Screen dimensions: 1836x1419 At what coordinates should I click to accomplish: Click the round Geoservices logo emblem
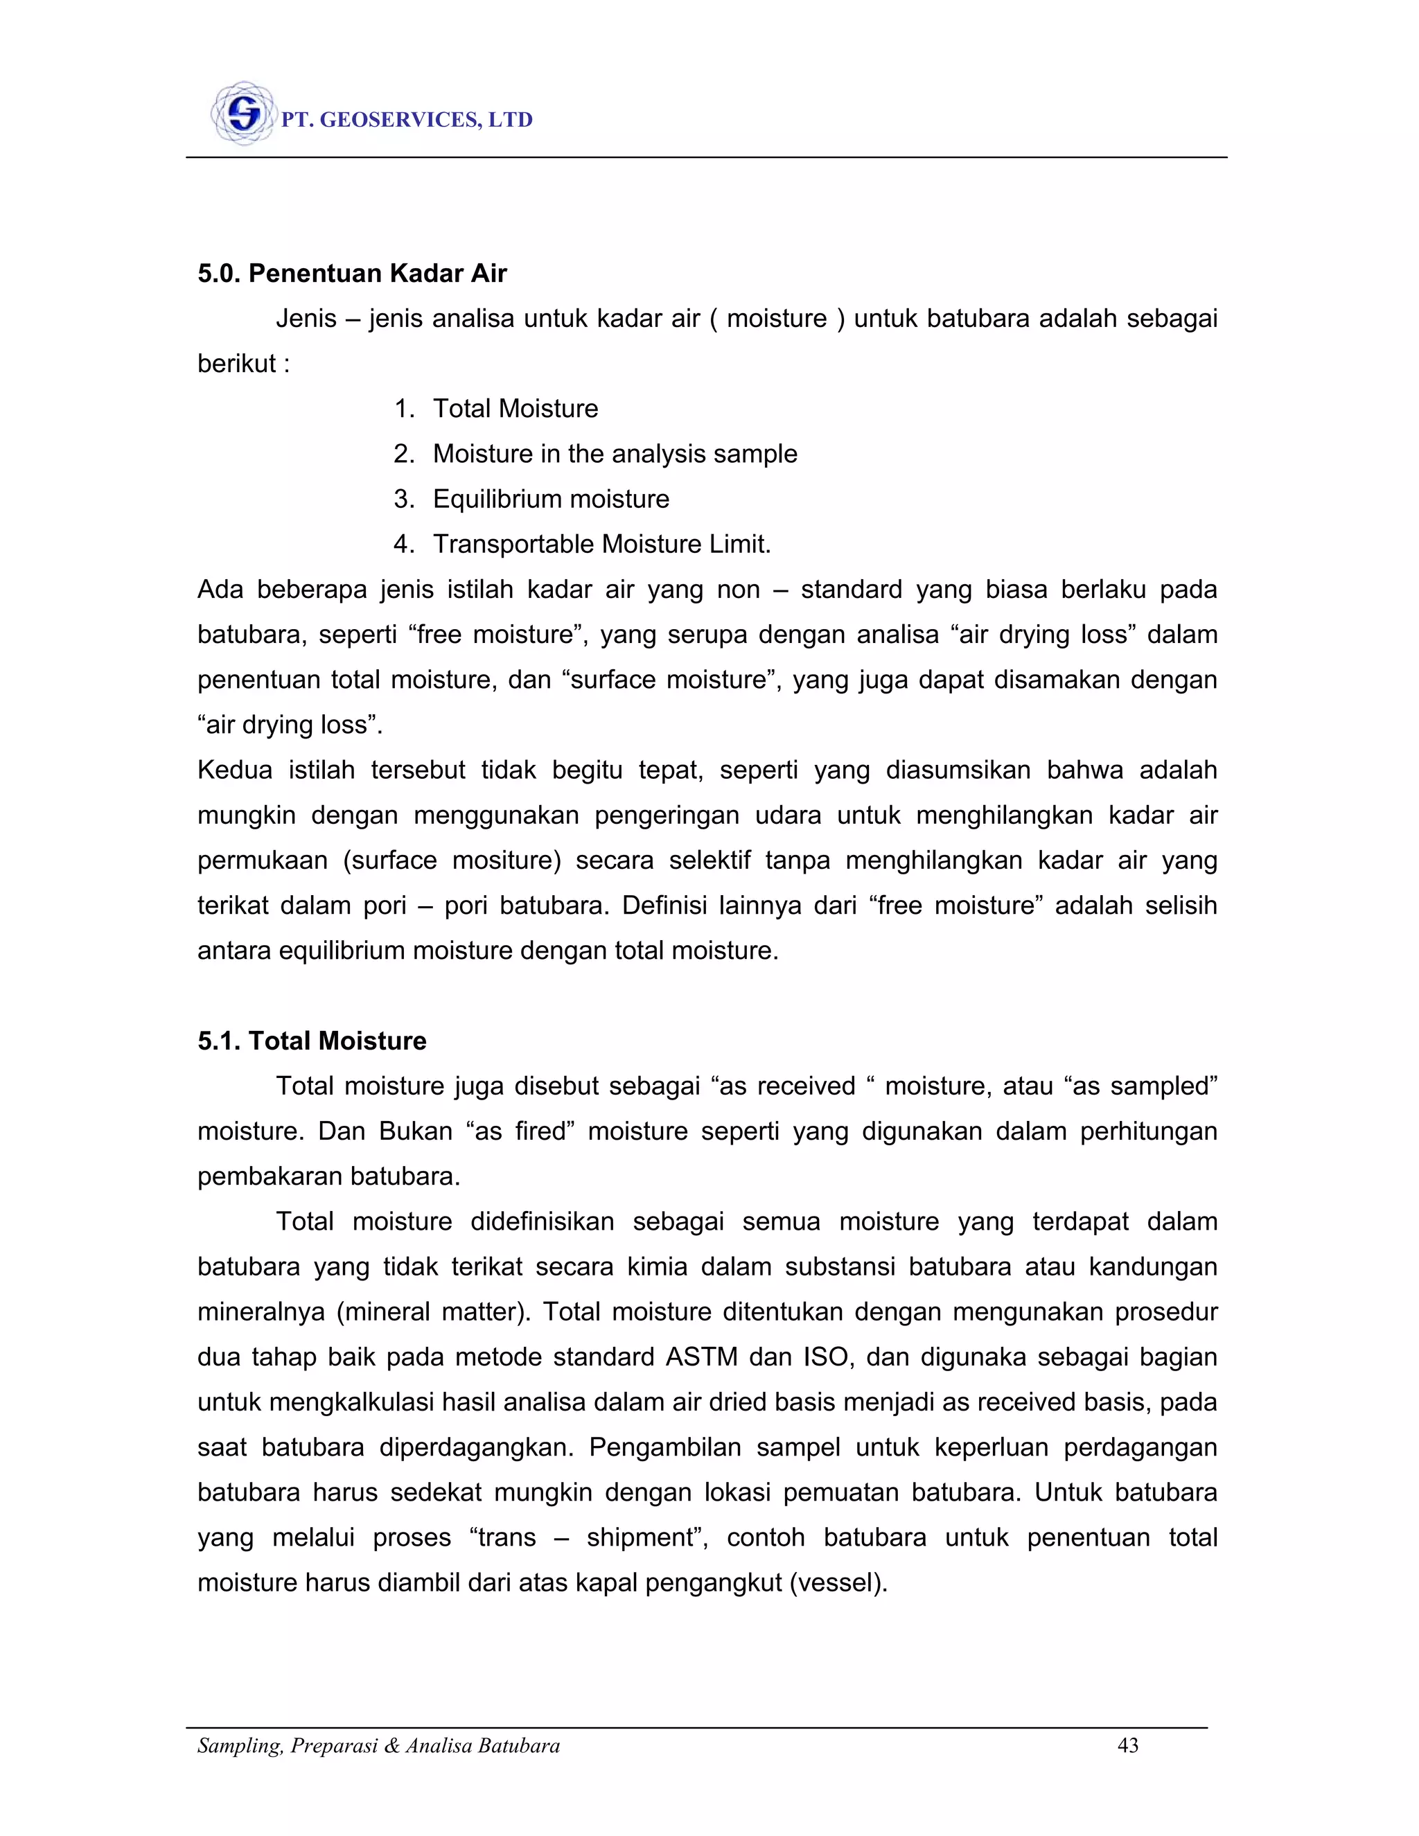[x=243, y=114]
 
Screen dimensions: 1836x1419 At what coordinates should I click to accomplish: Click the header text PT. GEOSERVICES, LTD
[x=407, y=121]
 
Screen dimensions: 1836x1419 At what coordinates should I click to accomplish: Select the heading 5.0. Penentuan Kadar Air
[x=352, y=273]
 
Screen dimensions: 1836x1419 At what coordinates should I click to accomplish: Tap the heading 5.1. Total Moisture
[x=312, y=1041]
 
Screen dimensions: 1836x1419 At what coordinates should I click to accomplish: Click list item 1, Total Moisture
[x=515, y=409]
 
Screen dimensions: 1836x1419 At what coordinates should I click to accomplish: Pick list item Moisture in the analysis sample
[x=615, y=454]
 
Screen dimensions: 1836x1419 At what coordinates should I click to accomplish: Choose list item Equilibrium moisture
[x=551, y=500]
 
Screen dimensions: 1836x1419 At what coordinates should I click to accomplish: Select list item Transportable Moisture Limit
[x=602, y=544]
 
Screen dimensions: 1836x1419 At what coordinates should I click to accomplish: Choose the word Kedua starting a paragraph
[x=235, y=770]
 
